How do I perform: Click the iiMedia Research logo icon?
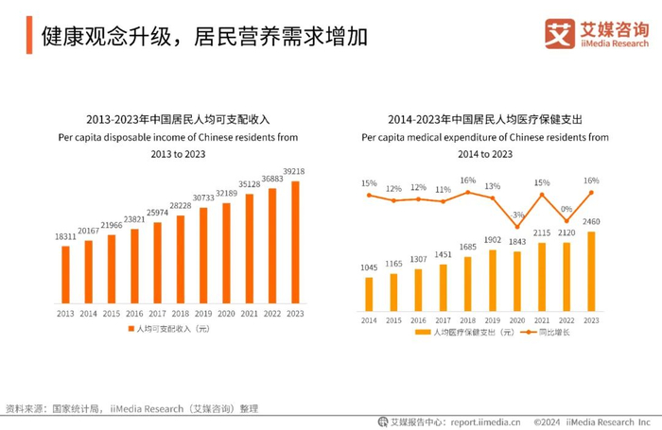point(559,33)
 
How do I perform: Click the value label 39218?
point(295,172)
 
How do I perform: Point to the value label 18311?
point(65,236)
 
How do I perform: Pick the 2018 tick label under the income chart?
point(180,313)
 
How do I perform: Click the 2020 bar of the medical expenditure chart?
point(517,281)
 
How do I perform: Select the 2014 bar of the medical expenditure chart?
point(369,294)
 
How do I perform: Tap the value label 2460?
point(591,222)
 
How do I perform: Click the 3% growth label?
point(517,215)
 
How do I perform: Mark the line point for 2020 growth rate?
point(517,226)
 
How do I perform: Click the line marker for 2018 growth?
point(468,192)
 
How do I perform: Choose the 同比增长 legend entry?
point(555,333)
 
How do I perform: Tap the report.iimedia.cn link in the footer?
point(481,421)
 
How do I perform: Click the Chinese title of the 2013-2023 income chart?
point(179,120)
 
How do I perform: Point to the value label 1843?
point(517,243)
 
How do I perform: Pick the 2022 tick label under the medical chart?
point(566,320)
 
